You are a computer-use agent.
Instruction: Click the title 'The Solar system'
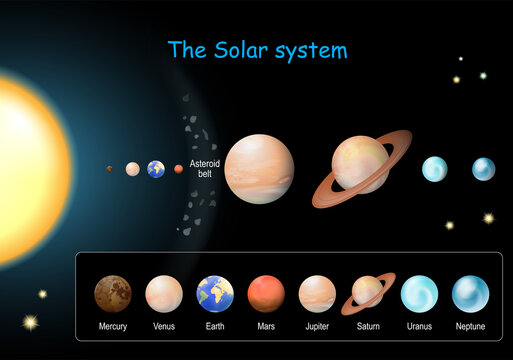point(257,49)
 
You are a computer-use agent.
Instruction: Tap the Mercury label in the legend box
point(113,327)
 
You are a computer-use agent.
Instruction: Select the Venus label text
point(164,327)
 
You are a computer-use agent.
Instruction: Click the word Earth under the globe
point(215,327)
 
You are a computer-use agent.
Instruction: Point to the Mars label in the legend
point(266,327)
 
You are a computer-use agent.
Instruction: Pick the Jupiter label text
point(317,327)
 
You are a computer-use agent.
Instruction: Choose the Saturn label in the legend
point(368,327)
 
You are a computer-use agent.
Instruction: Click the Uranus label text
point(419,327)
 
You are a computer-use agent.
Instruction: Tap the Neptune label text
point(470,327)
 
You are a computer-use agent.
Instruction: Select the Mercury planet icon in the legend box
point(113,294)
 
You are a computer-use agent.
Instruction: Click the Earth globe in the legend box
point(215,294)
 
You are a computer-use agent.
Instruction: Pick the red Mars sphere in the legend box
point(266,294)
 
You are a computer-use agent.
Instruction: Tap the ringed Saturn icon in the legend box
point(368,293)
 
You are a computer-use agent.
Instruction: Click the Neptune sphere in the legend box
point(470,294)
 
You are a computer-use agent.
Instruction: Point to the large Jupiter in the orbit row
point(259,169)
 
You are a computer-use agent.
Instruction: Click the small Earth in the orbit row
point(156,169)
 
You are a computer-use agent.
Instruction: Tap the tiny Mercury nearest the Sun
point(110,169)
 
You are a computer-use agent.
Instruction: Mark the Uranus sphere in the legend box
point(419,294)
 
